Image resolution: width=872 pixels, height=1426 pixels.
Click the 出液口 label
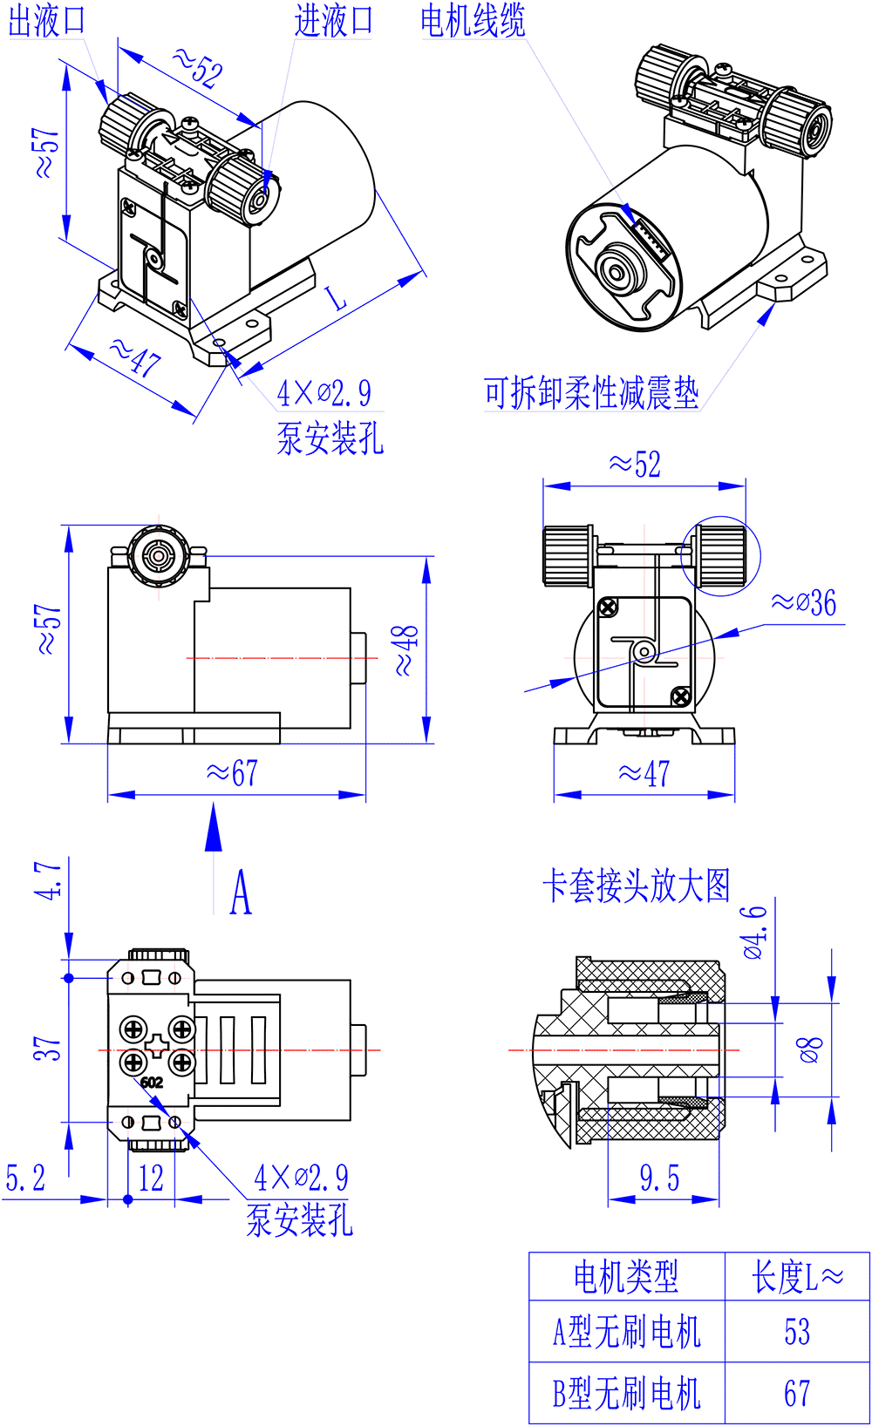47,21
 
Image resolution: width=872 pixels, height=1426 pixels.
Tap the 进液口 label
334,21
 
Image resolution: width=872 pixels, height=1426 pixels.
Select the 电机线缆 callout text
473,21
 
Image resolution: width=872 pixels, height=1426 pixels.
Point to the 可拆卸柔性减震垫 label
591,393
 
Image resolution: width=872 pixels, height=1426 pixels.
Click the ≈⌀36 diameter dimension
804,603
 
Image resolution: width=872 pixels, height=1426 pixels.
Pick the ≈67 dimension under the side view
232,773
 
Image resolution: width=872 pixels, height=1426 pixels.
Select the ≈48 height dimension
405,650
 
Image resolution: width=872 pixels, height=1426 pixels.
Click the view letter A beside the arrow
241,893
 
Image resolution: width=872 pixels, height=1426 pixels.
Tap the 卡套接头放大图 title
636,886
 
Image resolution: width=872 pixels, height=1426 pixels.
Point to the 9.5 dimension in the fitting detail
659,1178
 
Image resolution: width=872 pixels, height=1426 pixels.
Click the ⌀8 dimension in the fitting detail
810,1049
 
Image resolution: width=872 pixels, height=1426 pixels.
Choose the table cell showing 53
797,1332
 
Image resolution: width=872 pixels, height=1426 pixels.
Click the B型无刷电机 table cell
627,1393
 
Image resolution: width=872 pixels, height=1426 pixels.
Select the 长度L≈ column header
797,1277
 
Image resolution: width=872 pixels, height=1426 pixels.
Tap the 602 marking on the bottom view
152,1083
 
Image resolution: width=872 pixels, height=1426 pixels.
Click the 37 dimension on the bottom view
48,1049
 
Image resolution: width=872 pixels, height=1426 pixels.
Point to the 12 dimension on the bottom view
151,1178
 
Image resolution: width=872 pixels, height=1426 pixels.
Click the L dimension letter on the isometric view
337,299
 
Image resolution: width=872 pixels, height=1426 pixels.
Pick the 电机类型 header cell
626,1277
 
